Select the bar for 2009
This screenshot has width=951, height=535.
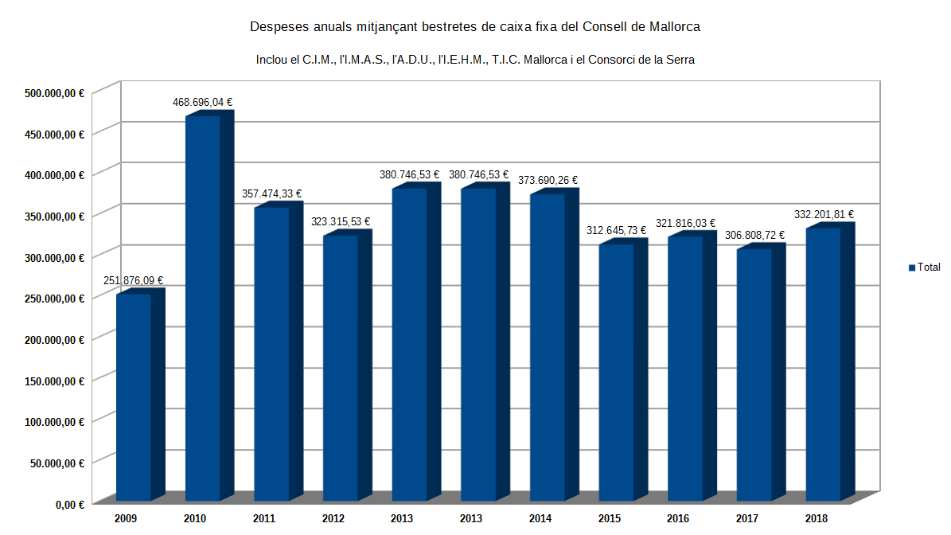(x=134, y=397)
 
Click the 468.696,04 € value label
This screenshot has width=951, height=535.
(x=203, y=102)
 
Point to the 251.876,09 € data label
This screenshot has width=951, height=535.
(x=134, y=280)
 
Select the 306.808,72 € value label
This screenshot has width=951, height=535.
(x=754, y=235)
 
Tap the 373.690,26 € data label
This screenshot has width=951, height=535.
(x=548, y=180)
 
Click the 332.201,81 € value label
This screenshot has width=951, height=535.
(x=824, y=214)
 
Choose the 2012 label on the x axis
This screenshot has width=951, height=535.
(x=333, y=519)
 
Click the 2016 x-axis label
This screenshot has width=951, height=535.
(x=678, y=519)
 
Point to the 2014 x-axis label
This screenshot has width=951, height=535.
(x=540, y=519)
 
